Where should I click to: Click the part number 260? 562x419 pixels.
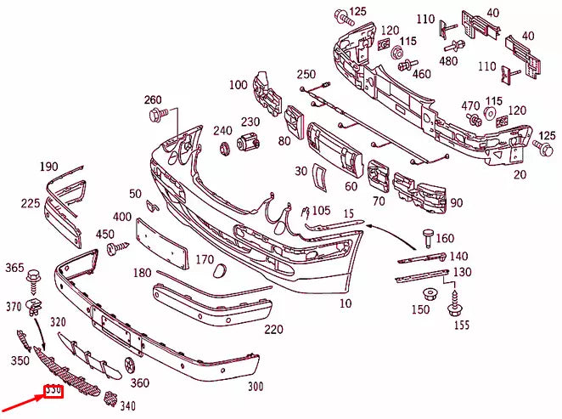(x=152, y=100)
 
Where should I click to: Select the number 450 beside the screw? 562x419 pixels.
(x=104, y=235)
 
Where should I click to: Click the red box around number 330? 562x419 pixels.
(x=53, y=391)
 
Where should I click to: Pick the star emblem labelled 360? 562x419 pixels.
(x=129, y=365)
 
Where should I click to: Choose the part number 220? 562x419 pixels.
(x=273, y=330)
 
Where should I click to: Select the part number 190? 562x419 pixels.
(x=48, y=167)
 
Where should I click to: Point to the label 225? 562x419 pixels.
(x=31, y=204)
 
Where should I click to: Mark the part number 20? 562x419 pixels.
(x=520, y=175)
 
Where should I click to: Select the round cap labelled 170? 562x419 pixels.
(x=217, y=271)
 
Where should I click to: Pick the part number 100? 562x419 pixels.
(x=238, y=85)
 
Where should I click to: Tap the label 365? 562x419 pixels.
(x=14, y=269)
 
